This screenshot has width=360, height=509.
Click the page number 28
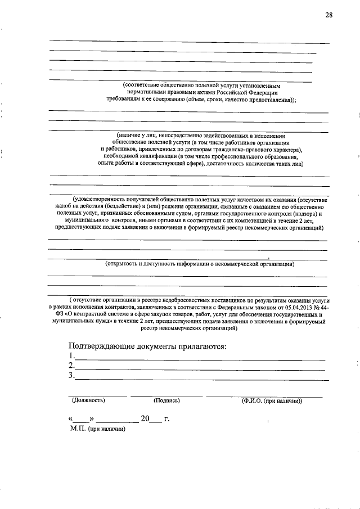(328, 15)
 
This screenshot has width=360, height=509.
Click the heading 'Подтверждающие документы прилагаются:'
(147, 346)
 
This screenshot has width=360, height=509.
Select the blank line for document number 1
(200, 359)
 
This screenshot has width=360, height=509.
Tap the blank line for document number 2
(200, 369)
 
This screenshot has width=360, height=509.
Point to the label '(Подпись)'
(166, 400)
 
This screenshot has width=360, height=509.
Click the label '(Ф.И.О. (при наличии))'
(272, 400)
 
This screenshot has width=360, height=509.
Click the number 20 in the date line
(146, 418)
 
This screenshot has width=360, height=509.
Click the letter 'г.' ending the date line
(166, 419)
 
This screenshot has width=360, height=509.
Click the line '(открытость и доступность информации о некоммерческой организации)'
(200, 263)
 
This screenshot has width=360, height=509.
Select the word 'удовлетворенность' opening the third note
(98, 199)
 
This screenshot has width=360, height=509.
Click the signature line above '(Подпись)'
(166, 396)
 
